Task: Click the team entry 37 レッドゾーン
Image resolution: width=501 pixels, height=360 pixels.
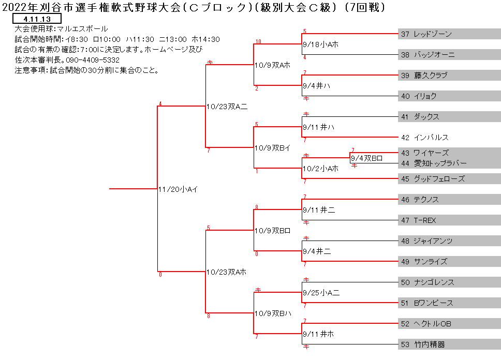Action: pyautogui.click(x=426, y=34)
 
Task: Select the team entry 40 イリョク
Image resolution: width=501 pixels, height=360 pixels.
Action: pyautogui.click(x=419, y=96)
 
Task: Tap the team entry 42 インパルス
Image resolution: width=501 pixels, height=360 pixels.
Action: pyautogui.click(x=424, y=138)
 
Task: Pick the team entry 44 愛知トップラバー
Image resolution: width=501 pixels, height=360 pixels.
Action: pyautogui.click(x=434, y=163)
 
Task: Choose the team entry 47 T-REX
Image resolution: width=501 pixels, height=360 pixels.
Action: pyautogui.click(x=418, y=220)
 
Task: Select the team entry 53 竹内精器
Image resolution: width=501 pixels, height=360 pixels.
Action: pyautogui.click(x=423, y=344)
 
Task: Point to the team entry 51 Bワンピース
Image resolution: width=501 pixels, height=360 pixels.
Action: pyautogui.click(x=427, y=303)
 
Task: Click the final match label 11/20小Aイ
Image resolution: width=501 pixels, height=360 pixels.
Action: pyautogui.click(x=178, y=189)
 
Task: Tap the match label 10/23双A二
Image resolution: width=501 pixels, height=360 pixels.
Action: pyautogui.click(x=227, y=107)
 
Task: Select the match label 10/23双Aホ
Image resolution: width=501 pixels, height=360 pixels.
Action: pyautogui.click(x=226, y=272)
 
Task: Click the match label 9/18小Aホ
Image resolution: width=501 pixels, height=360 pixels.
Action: pyautogui.click(x=320, y=44)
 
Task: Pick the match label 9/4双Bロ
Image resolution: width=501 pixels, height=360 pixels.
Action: pyautogui.click(x=366, y=158)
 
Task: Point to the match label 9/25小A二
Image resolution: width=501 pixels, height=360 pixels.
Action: pyautogui.click(x=321, y=293)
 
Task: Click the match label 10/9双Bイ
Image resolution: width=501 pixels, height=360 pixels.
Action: pyautogui.click(x=272, y=148)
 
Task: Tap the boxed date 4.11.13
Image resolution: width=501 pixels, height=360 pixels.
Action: pyautogui.click(x=37, y=19)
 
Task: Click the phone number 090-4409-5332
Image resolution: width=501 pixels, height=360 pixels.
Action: pyautogui.click(x=93, y=60)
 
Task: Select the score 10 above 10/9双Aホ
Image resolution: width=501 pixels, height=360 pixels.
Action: pyautogui.click(x=258, y=41)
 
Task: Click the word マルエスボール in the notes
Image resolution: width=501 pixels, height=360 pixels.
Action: pyautogui.click(x=82, y=29)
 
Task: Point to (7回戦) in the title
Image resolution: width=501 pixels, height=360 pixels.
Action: pyautogui.click(x=364, y=7)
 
